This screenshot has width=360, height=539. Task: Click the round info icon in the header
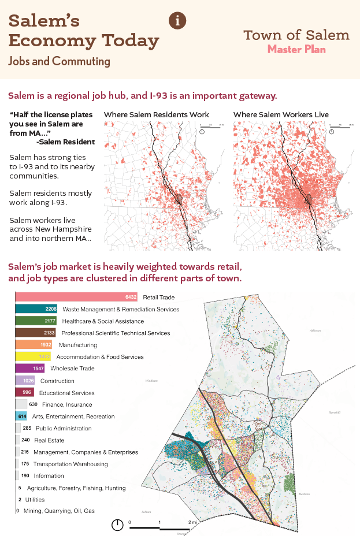click(177, 20)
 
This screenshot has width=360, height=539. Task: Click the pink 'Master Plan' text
click(296, 50)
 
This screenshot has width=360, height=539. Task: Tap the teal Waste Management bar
click(36, 309)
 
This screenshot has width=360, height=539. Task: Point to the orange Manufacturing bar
click(34, 344)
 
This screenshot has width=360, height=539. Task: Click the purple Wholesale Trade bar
click(30, 368)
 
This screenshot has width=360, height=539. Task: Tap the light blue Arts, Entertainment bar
click(22, 416)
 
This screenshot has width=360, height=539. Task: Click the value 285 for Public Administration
click(27, 428)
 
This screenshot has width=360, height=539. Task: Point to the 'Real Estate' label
click(49, 440)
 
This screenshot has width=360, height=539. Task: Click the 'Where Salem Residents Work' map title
click(156, 115)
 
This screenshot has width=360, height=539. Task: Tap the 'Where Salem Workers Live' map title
click(281, 115)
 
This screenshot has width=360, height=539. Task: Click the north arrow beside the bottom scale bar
click(117, 525)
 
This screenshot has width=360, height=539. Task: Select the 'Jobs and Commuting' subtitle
click(60, 61)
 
